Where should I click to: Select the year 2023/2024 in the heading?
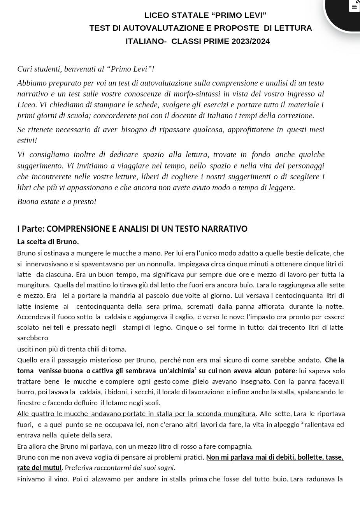tap(251, 41)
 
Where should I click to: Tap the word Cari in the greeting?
tap(25, 69)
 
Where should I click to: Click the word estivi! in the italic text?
tap(27, 141)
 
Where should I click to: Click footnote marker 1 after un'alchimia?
tap(196, 369)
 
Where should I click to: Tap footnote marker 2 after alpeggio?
tap(302, 422)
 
